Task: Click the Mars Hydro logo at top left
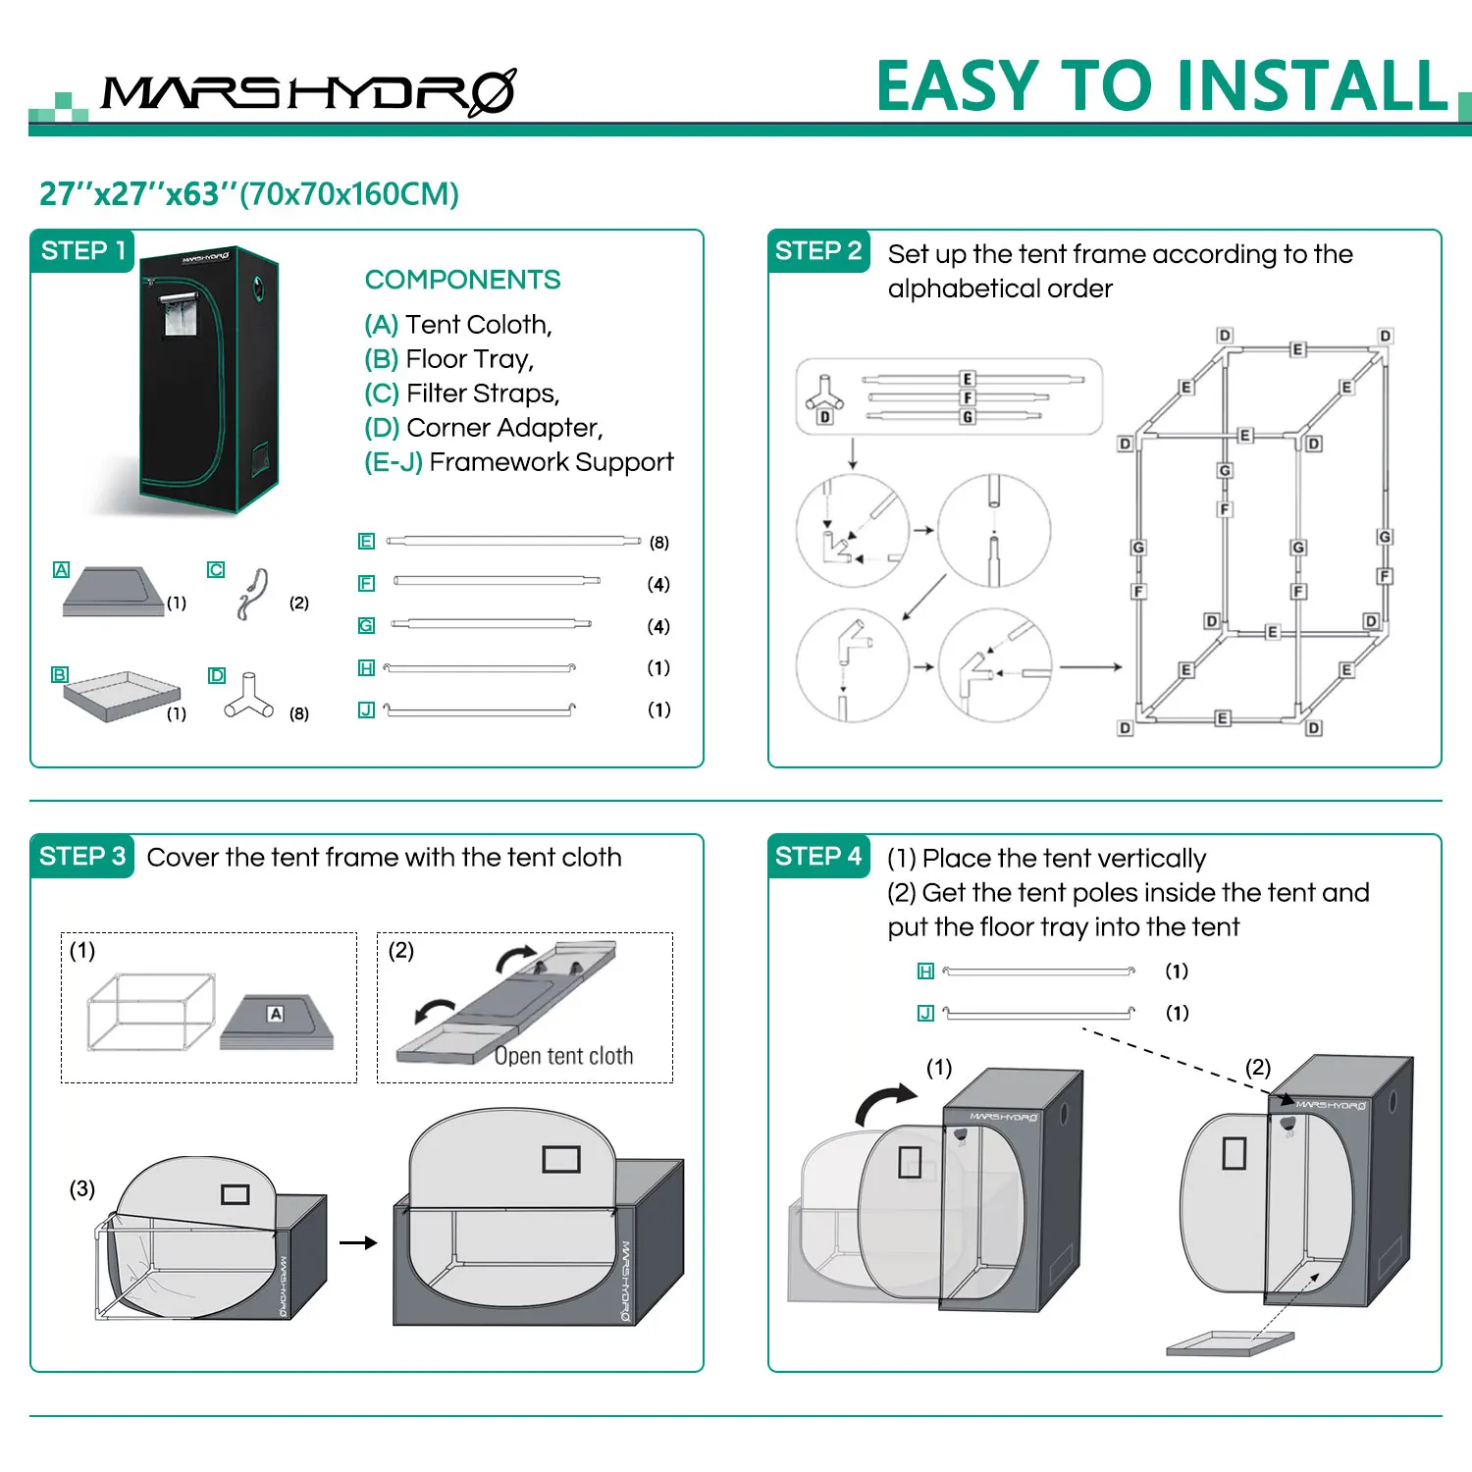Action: (308, 92)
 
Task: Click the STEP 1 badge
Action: (82, 251)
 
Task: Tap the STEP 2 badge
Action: (818, 251)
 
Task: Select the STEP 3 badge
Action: (82, 857)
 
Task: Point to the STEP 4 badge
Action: (818, 857)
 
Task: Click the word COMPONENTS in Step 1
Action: (462, 280)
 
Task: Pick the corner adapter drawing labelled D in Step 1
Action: (248, 696)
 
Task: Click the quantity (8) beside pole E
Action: (659, 543)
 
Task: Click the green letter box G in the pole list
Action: (366, 626)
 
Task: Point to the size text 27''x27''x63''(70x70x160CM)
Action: (249, 194)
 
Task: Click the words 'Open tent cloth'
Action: (563, 1056)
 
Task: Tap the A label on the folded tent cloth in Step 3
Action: (276, 1014)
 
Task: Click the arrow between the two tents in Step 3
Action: (358, 1242)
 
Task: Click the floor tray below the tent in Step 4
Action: (1230, 1342)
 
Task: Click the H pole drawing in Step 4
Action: (1038, 972)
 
